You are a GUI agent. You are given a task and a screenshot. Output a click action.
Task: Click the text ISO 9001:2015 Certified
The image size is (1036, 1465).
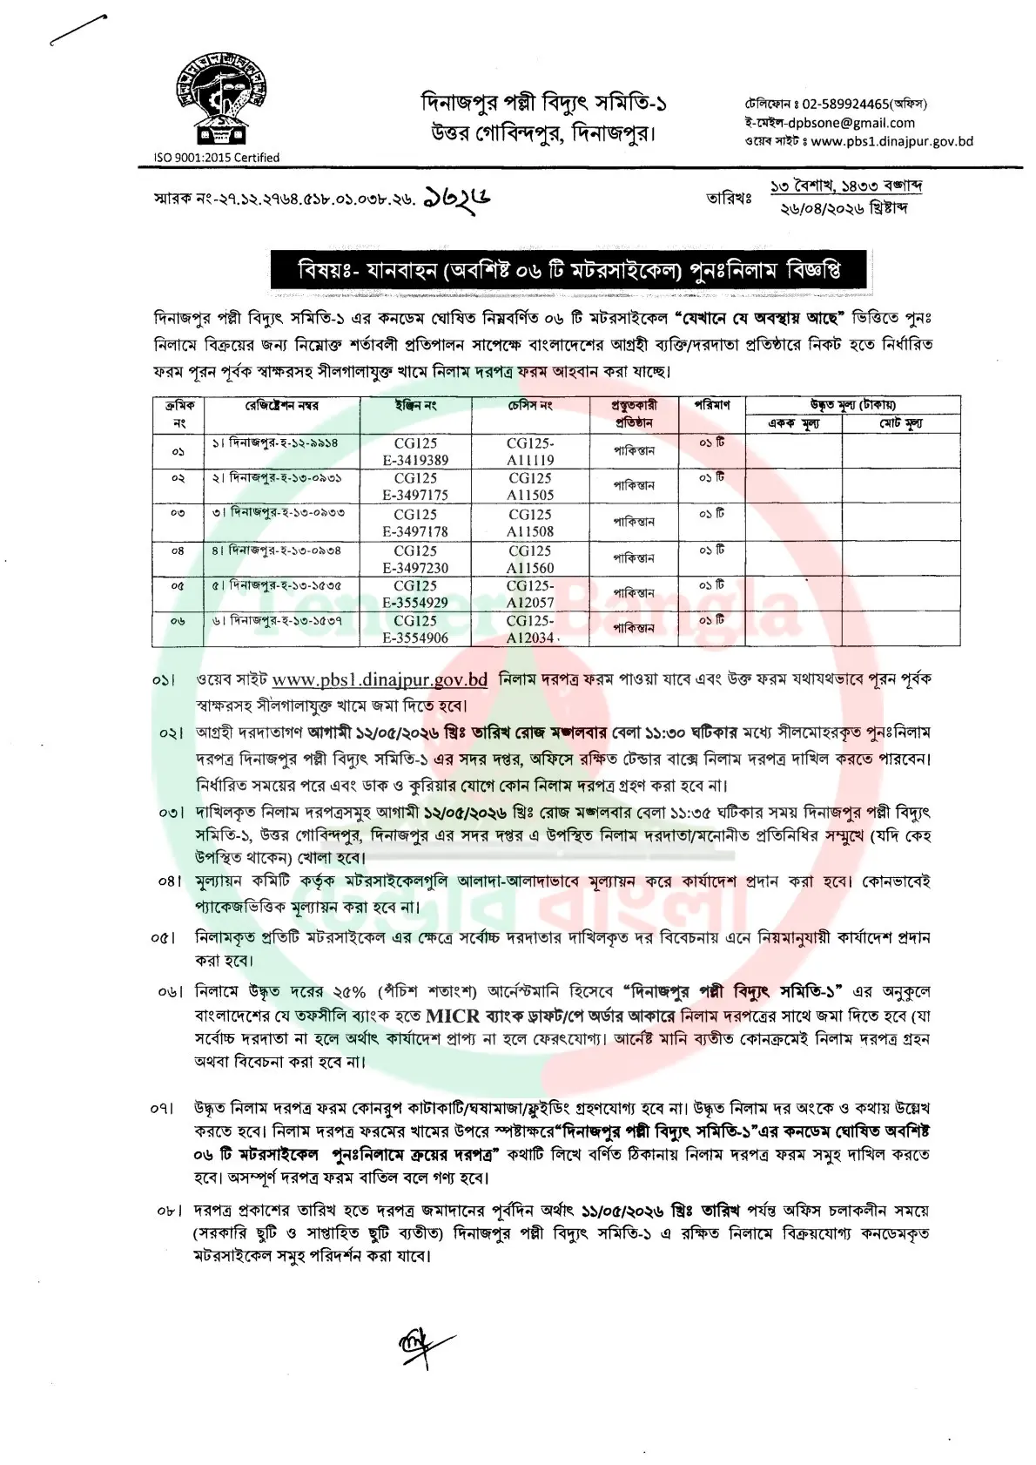[216, 158]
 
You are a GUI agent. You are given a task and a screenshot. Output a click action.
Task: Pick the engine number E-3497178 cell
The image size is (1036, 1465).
[420, 531]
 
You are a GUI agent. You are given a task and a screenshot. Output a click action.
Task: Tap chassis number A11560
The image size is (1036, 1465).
[530, 568]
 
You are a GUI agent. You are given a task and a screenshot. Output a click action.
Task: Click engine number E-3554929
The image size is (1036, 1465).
[420, 603]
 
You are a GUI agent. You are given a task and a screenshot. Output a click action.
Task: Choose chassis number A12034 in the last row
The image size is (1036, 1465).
[530, 638]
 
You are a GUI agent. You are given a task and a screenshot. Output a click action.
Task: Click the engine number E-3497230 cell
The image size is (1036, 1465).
[420, 568]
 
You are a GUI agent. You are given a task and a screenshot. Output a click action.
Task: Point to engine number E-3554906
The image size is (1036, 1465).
[420, 638]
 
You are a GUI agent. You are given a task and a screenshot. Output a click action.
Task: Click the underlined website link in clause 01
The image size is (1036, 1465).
[380, 679]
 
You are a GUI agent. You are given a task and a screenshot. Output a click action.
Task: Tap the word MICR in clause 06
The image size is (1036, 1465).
[456, 1016]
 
